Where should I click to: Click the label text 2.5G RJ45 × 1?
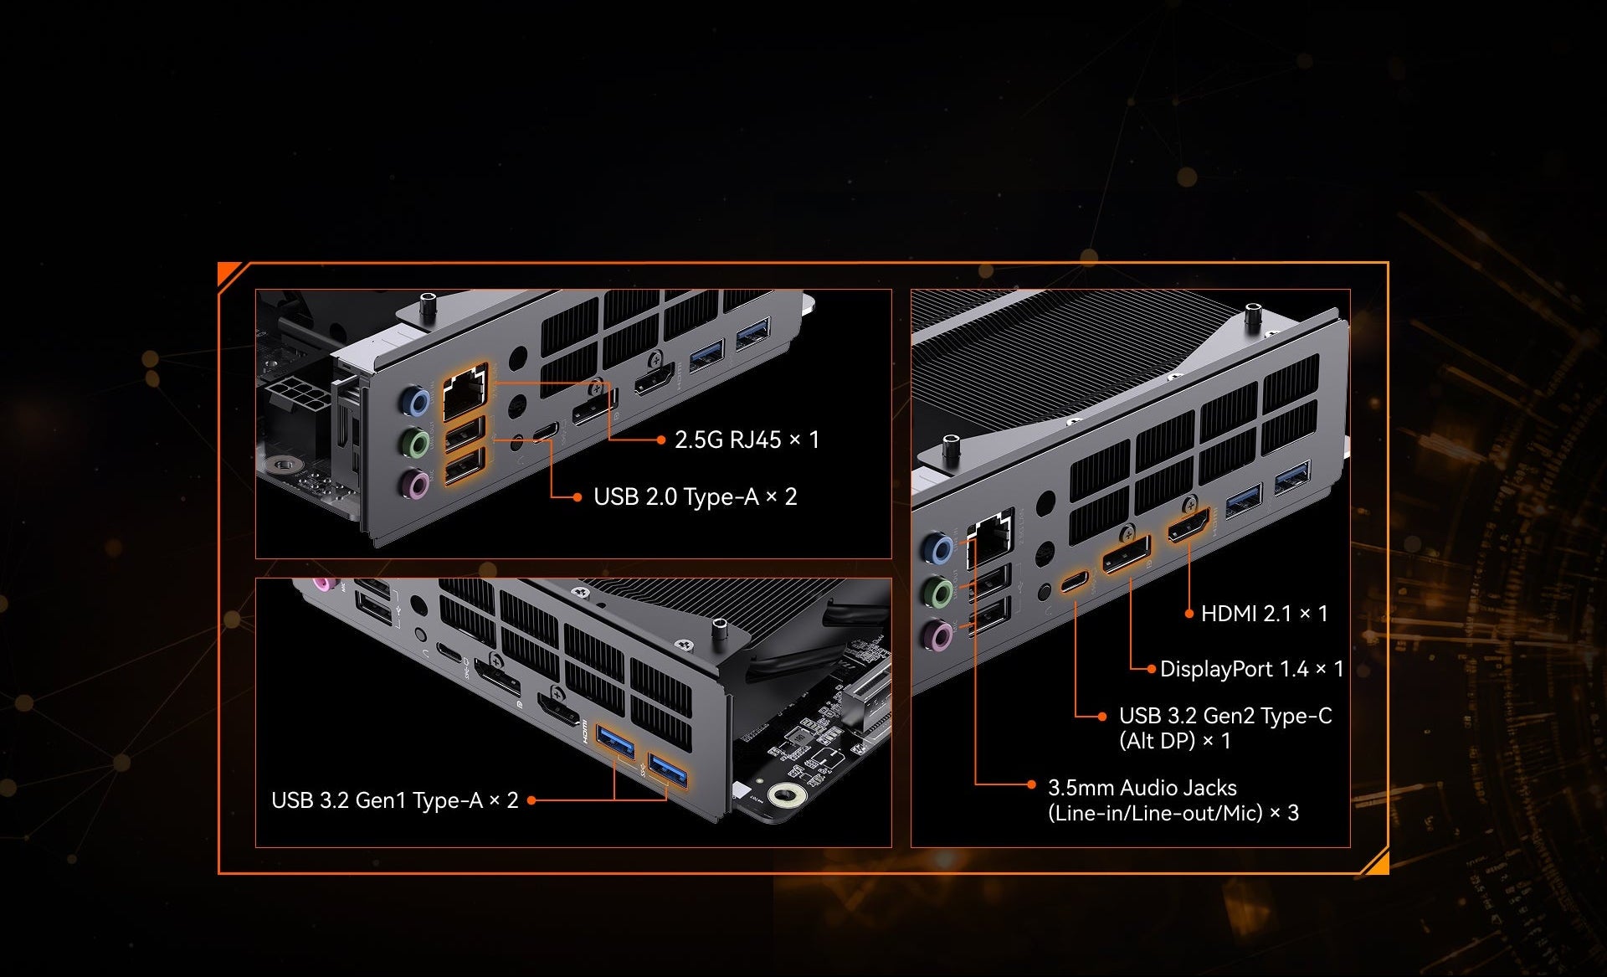(x=747, y=440)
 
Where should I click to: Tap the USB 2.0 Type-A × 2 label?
(x=695, y=496)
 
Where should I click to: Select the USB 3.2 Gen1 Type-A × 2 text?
(x=394, y=800)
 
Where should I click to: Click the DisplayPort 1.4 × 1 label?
(x=1251, y=669)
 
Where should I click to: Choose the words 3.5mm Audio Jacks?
(x=1142, y=788)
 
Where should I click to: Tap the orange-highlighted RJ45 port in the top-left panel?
(x=464, y=393)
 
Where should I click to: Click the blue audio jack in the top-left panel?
(x=415, y=401)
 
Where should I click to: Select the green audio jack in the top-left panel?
(x=415, y=443)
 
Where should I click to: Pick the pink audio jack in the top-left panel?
(x=414, y=484)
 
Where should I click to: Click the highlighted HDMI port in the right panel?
(x=1189, y=525)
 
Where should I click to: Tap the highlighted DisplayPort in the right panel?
(x=1127, y=553)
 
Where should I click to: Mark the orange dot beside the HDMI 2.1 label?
(x=1189, y=614)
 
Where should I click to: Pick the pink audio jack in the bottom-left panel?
(x=322, y=583)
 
